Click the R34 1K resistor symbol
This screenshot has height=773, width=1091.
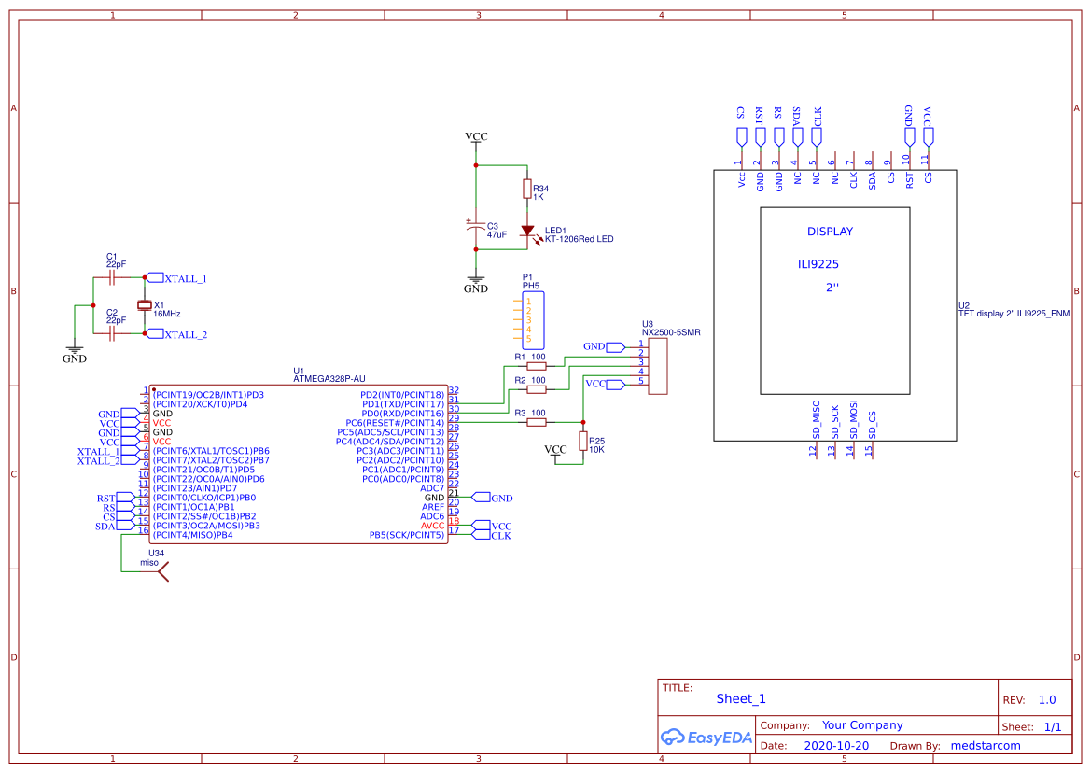pyautogui.click(x=526, y=190)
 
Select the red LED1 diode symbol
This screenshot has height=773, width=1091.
pyautogui.click(x=526, y=231)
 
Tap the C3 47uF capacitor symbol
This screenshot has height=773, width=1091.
pyautogui.click(x=476, y=227)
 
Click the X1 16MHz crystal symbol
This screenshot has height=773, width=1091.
pyautogui.click(x=144, y=305)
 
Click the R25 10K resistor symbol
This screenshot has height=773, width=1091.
pyautogui.click(x=583, y=442)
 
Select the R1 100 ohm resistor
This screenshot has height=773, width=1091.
pyautogui.click(x=537, y=367)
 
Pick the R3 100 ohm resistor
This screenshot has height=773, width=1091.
pyautogui.click(x=537, y=423)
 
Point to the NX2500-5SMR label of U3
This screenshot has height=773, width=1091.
pyautogui.click(x=671, y=331)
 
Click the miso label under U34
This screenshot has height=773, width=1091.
pyautogui.click(x=149, y=563)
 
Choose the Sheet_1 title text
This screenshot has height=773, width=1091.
pyautogui.click(x=741, y=699)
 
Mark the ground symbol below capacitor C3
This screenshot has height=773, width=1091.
pyautogui.click(x=476, y=279)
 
